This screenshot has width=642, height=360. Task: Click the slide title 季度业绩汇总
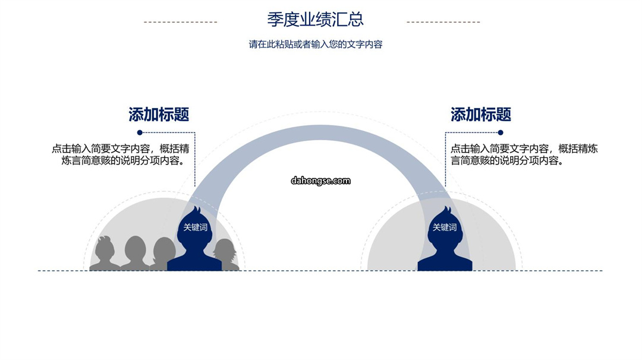(315, 19)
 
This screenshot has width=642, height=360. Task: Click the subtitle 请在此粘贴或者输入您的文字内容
(315, 44)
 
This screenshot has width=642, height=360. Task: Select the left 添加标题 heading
(159, 115)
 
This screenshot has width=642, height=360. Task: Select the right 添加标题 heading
(481, 115)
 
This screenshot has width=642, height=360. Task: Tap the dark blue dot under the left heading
(140, 132)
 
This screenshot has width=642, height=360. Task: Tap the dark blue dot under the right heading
(501, 132)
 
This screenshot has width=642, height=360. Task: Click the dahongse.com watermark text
(320, 181)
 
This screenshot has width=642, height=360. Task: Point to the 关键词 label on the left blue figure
(196, 228)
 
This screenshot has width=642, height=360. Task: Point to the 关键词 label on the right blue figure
(445, 228)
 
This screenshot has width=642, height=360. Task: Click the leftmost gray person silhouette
(105, 254)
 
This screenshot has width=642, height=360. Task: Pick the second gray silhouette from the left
(135, 254)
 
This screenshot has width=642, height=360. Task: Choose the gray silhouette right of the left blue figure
(226, 254)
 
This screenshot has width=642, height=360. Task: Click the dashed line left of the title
(181, 22)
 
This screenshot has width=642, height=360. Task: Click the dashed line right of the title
(443, 22)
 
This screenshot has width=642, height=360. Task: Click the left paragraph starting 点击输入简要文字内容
(121, 154)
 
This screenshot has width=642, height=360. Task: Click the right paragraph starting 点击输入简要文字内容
(524, 154)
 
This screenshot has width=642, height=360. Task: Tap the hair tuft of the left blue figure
(197, 211)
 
